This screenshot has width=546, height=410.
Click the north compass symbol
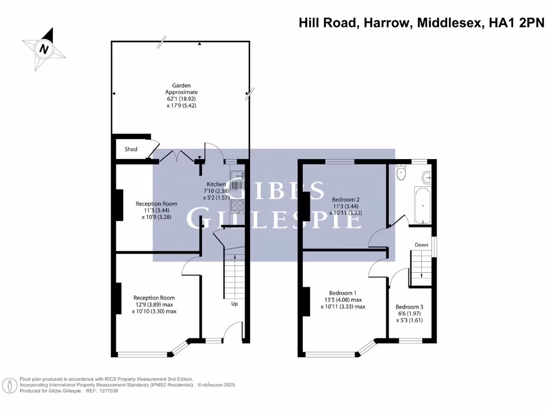(x=44, y=50)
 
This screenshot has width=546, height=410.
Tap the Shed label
(x=131, y=149)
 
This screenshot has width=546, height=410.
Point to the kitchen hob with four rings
(x=237, y=206)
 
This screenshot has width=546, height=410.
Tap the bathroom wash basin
(x=426, y=177)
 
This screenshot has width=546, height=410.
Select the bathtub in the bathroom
(x=422, y=206)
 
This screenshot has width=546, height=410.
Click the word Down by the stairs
(x=421, y=245)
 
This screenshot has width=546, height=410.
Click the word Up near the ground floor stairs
(x=234, y=304)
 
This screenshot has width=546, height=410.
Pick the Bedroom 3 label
(x=409, y=307)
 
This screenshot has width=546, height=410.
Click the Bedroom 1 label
(x=343, y=293)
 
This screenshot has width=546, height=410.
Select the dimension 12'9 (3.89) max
(x=154, y=305)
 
